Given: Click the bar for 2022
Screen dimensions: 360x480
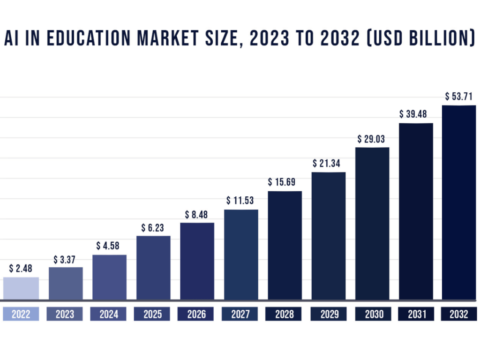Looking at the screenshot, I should click(21, 288).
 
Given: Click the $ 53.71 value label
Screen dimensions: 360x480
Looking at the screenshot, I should click(459, 97).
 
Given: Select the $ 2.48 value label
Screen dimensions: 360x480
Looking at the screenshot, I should click(21, 269).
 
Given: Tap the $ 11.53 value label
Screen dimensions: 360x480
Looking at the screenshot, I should click(240, 201).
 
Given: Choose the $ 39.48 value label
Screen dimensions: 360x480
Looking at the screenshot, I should click(416, 114).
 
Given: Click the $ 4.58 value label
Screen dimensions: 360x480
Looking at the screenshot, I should click(109, 246).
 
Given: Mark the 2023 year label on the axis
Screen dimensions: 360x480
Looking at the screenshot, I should click(65, 314).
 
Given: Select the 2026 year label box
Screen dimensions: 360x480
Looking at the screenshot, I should click(196, 314).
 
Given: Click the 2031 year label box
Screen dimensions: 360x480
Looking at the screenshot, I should click(416, 314).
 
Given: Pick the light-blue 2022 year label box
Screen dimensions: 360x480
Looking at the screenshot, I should click(21, 314).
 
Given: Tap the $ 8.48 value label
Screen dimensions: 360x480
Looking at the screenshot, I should click(196, 214).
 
